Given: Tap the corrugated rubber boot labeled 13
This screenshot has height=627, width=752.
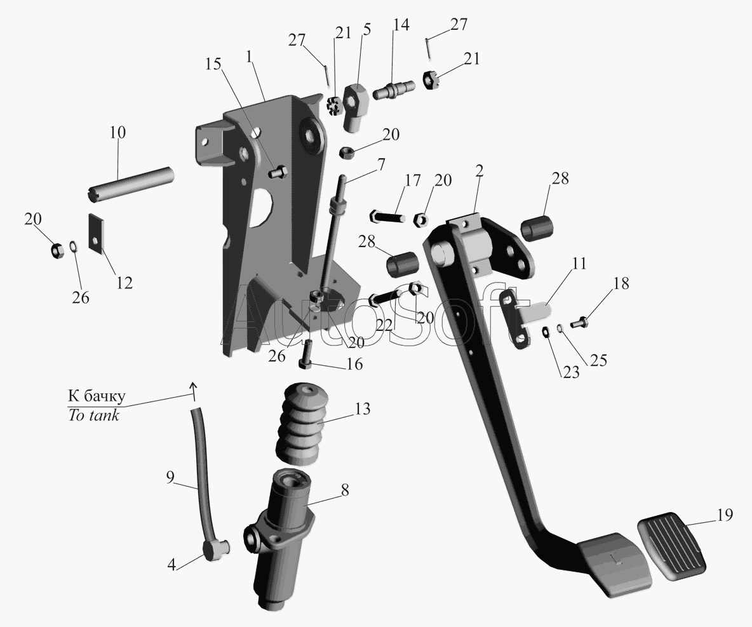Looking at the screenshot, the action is point(302,424).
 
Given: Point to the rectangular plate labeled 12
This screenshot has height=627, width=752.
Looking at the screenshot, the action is point(97,232).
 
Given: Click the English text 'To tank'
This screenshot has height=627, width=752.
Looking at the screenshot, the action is point(93,415).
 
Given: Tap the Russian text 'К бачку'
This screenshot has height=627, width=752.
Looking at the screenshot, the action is point(97,396).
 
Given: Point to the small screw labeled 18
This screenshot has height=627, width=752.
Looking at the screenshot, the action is point(579,323).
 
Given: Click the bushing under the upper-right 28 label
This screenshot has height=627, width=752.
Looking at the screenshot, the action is point(537,228).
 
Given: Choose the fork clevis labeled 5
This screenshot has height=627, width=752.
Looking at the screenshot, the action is point(356,107).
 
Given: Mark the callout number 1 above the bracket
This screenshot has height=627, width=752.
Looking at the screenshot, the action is point(250,57).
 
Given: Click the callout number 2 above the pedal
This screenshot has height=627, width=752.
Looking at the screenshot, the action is point(480,172).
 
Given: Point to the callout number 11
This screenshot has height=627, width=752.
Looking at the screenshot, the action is point(579,264).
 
